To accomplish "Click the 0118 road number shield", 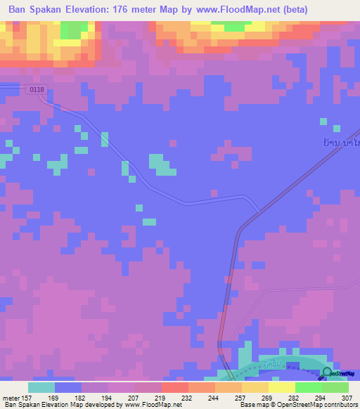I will click(37, 89).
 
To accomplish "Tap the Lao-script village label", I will click(340, 142).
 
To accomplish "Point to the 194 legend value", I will click(107, 398).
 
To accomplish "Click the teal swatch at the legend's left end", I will click(41, 387).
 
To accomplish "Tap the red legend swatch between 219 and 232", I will click(174, 387).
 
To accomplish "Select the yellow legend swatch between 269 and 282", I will click(281, 387).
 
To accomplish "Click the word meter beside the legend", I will click(11, 398).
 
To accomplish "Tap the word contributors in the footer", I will click(340, 405).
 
